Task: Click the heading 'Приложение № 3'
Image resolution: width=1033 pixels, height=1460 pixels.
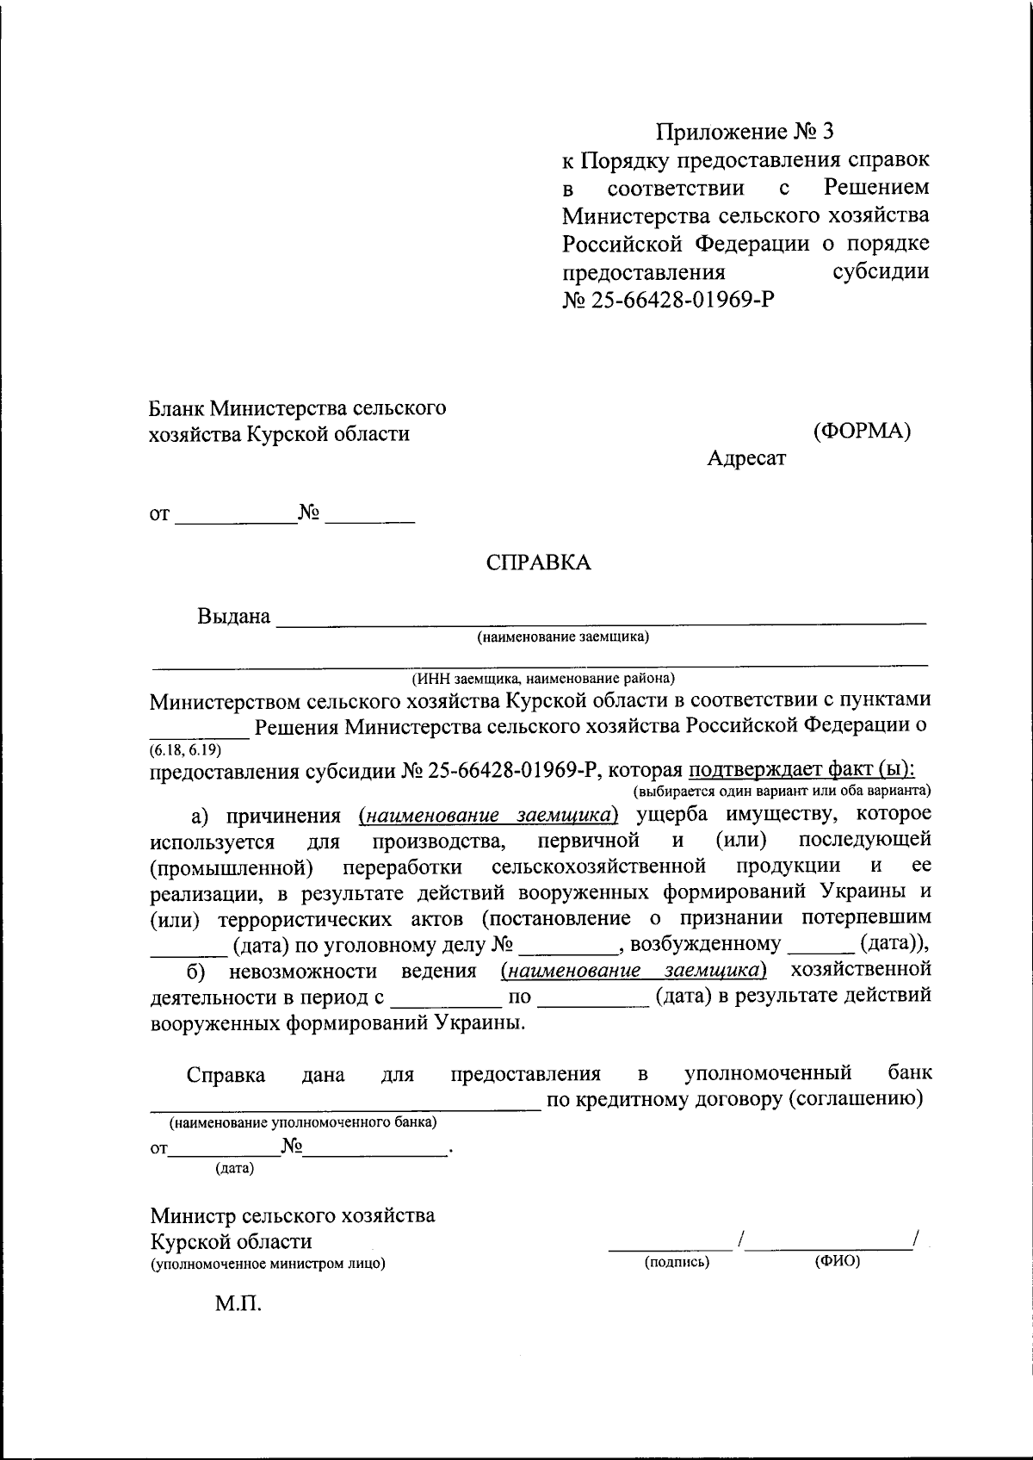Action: pyautogui.click(x=745, y=132)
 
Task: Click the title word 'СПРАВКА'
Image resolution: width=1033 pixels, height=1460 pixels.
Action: pyautogui.click(x=538, y=562)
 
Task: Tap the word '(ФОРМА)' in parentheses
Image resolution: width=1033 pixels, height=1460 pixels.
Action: pyautogui.click(x=862, y=432)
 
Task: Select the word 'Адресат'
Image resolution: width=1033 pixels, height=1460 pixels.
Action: pyautogui.click(x=746, y=458)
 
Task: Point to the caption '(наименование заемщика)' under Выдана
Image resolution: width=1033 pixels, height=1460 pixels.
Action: pyautogui.click(x=564, y=637)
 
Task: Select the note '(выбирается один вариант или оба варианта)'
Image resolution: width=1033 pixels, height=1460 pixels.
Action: pyautogui.click(x=782, y=790)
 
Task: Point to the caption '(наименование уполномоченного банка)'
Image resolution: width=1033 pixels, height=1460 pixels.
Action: pyautogui.click(x=302, y=1123)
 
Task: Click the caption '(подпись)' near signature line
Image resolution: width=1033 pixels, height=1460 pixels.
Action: pyautogui.click(x=677, y=1263)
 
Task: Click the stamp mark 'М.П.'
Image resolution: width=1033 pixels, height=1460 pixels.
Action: pyautogui.click(x=238, y=1303)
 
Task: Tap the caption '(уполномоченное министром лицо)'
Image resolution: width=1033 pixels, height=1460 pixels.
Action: pyautogui.click(x=268, y=1264)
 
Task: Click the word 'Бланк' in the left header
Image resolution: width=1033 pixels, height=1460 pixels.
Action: pyautogui.click(x=177, y=407)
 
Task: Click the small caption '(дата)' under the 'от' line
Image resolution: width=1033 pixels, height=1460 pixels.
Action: pyautogui.click(x=234, y=1169)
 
